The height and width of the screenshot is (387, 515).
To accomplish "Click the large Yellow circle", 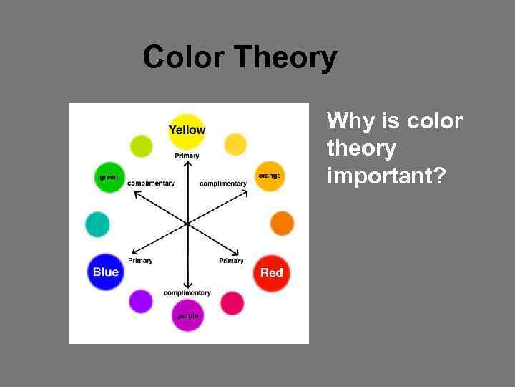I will click(187, 130).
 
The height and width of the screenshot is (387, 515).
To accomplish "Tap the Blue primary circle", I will click(106, 272).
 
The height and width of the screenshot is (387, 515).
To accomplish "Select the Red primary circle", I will click(271, 272).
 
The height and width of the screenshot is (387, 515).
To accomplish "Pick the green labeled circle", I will click(109, 177).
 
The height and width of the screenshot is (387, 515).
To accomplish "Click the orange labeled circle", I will click(270, 176).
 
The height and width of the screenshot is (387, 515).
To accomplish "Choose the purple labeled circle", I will click(187, 315).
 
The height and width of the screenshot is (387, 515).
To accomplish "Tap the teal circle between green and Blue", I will click(97, 224).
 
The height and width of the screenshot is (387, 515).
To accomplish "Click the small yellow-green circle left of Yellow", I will click(142, 145).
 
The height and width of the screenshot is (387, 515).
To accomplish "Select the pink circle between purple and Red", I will click(232, 303).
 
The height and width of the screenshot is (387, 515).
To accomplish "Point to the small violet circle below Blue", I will click(141, 301).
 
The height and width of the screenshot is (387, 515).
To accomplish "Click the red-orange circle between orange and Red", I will click(282, 224).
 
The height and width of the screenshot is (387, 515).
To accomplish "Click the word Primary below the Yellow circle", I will click(187, 156).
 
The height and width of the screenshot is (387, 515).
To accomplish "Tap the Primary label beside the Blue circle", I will click(140, 261).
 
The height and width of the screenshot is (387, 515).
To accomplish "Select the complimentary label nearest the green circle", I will click(151, 183).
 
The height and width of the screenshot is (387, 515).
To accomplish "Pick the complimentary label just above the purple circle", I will click(187, 293).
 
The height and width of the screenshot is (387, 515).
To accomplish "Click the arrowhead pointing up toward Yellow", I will click(187, 165).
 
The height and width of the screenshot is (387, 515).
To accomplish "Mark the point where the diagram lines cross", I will click(187, 224).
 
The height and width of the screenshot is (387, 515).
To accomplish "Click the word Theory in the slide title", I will click(285, 57).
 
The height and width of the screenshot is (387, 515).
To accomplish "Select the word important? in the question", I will click(386, 176).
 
